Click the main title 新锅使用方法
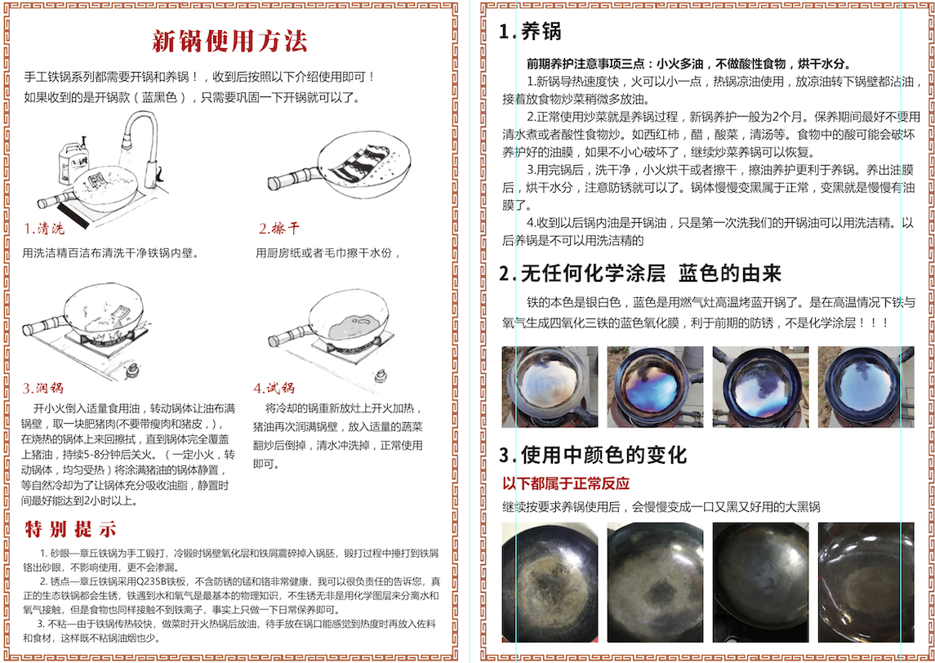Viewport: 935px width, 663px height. [x=229, y=41]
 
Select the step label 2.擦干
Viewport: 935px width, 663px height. [x=278, y=229]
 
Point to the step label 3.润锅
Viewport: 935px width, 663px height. [x=42, y=389]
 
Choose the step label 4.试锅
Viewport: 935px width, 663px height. [x=274, y=389]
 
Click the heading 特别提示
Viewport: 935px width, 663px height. [x=70, y=529]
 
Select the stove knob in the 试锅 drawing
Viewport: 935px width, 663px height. [x=378, y=376]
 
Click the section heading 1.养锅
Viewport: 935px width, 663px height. [x=530, y=31]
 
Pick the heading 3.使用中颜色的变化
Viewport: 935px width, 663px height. [x=594, y=456]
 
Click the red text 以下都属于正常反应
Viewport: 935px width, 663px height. [x=566, y=483]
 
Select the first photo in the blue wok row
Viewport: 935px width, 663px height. [x=550, y=387]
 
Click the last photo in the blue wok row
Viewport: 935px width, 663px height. [x=866, y=387]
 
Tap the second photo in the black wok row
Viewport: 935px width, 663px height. [x=656, y=582]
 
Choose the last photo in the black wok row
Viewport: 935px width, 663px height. [x=866, y=582]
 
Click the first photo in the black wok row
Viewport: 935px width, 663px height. [x=550, y=582]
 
